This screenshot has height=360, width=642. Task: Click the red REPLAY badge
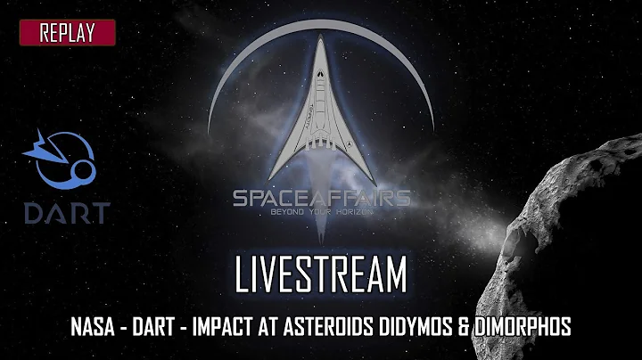click(x=68, y=33)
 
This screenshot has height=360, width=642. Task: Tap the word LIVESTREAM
click(x=321, y=275)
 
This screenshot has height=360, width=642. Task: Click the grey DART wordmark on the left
click(x=68, y=212)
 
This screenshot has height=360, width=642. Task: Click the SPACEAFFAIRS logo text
click(x=321, y=197)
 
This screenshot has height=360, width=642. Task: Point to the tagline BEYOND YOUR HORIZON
click(x=321, y=215)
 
